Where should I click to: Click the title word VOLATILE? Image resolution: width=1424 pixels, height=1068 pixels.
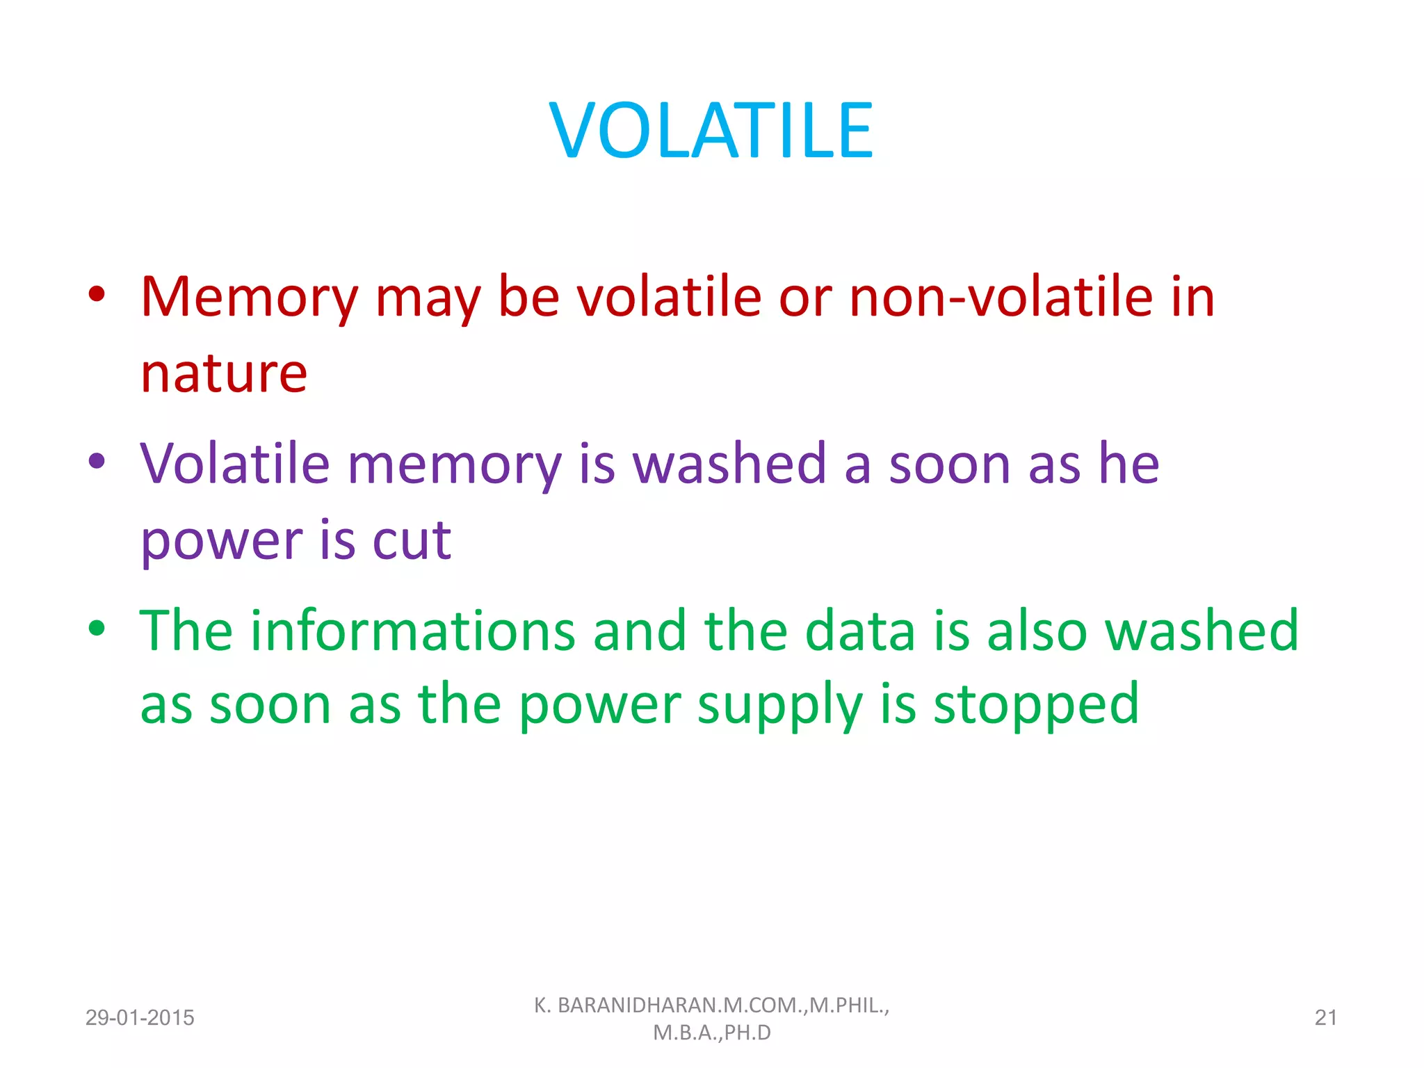(711, 131)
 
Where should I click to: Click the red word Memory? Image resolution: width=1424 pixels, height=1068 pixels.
(249, 298)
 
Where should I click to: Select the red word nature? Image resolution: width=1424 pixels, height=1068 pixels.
(224, 374)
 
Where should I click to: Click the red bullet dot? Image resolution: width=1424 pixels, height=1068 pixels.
(97, 294)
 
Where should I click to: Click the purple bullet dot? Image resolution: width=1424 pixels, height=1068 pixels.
(97, 461)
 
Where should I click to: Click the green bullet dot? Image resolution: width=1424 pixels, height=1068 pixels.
(97, 629)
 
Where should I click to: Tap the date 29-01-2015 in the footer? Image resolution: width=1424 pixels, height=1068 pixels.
(140, 1018)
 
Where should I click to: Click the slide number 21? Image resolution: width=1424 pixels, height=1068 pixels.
(1325, 1018)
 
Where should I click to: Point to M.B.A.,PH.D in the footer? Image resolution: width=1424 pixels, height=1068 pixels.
(712, 1033)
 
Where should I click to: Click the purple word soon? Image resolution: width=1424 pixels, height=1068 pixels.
(949, 464)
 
